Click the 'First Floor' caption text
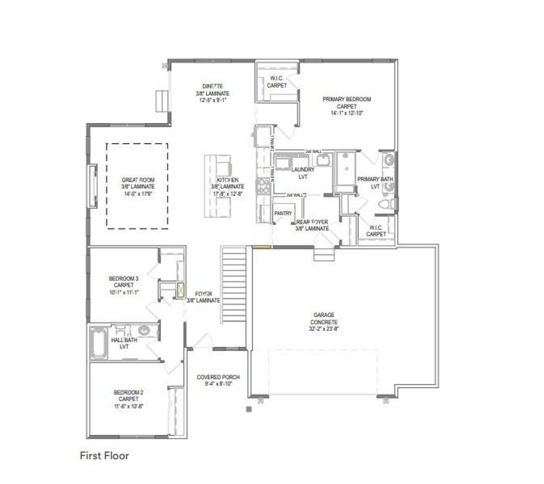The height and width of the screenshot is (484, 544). [x=105, y=456]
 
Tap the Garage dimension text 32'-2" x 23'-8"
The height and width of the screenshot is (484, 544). [x=325, y=329]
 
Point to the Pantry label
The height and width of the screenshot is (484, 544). [x=283, y=213]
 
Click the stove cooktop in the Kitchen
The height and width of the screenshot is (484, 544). [x=262, y=186]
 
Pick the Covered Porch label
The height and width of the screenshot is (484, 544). [x=218, y=377]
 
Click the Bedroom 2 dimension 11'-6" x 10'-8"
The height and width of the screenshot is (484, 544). [x=129, y=406]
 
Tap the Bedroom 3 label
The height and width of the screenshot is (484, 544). [x=123, y=278]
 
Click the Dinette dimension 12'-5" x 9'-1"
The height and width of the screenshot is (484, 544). [x=212, y=100]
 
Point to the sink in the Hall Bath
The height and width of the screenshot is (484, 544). [x=142, y=330]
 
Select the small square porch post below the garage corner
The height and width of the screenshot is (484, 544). [x=248, y=408]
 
